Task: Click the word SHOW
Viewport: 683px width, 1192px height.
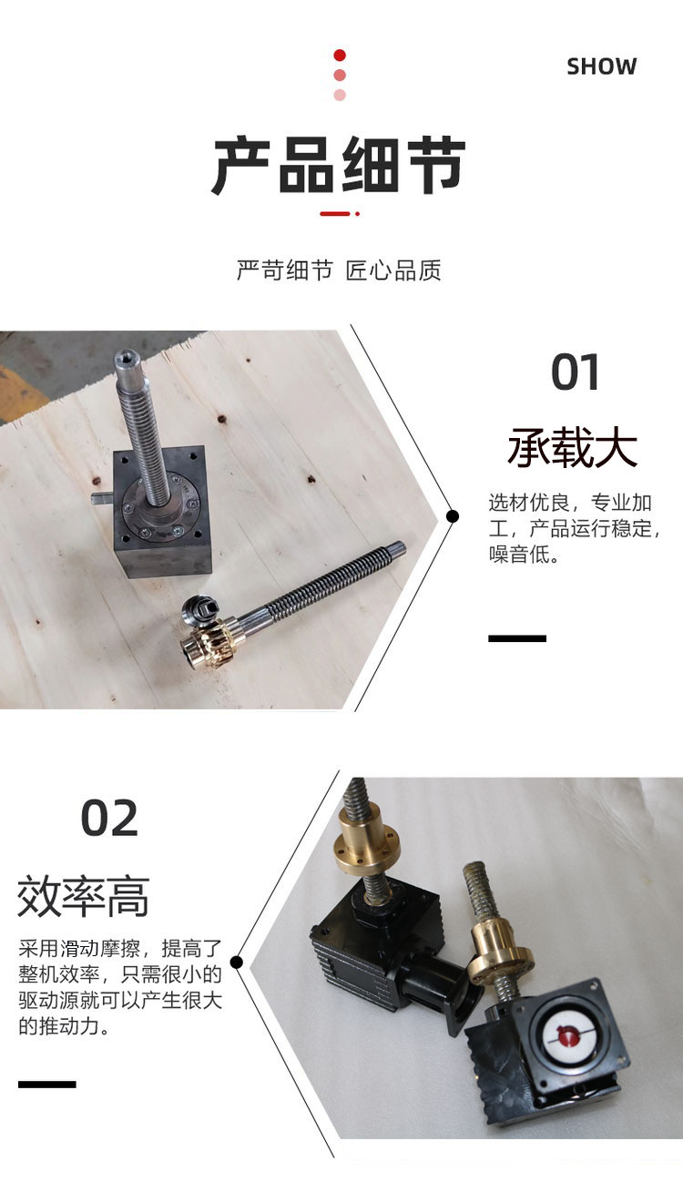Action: (602, 66)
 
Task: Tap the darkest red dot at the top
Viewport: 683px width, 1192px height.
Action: (340, 56)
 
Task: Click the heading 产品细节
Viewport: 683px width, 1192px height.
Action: (339, 165)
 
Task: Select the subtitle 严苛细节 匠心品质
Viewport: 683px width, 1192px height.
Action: (339, 270)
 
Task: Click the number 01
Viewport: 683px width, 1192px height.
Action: (575, 372)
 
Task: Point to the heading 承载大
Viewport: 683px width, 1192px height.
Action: (572, 448)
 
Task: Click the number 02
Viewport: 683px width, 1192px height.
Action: (109, 819)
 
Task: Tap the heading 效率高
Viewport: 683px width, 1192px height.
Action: (83, 897)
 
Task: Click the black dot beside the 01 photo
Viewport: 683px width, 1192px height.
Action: (453, 516)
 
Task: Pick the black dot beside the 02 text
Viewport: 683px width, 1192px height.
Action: (238, 963)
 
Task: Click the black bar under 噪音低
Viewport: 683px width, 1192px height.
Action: (517, 638)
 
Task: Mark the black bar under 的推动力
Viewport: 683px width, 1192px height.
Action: (46, 1084)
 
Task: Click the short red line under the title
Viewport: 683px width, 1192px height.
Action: (335, 214)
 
